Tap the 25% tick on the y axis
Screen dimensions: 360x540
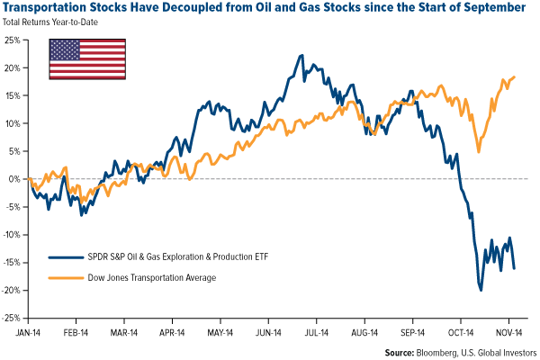pos(13,40)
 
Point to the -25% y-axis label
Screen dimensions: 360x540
pos(13,318)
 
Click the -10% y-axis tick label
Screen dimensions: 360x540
pos(13,235)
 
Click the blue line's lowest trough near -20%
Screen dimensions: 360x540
pos(481,290)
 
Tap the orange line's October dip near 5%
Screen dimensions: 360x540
pos(478,151)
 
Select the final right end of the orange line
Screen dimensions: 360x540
pos(515,76)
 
